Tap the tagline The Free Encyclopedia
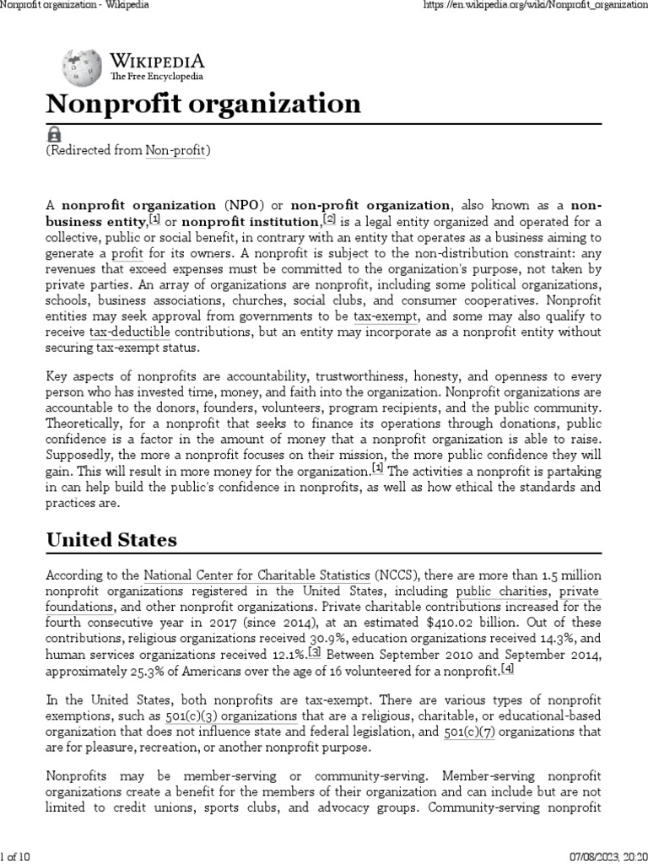(x=157, y=77)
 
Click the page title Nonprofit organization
(x=202, y=105)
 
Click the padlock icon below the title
(x=53, y=134)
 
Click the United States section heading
(x=111, y=539)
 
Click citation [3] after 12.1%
(x=315, y=653)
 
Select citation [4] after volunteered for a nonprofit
(x=507, y=669)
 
